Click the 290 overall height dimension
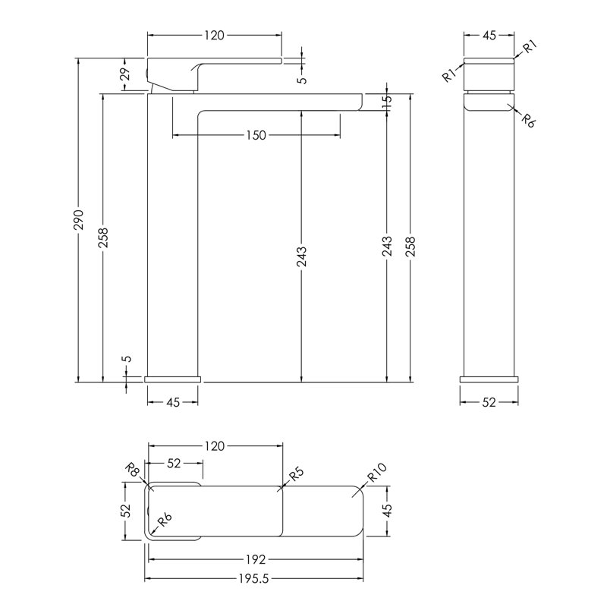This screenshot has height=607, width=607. pyautogui.click(x=79, y=220)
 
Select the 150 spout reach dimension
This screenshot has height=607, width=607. pyautogui.click(x=256, y=136)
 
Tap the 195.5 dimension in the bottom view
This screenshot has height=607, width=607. pyautogui.click(x=254, y=579)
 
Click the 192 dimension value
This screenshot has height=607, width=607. pyautogui.click(x=256, y=559)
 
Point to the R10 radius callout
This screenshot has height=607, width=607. pyautogui.click(x=376, y=473)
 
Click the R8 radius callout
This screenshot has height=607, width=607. pyautogui.click(x=134, y=470)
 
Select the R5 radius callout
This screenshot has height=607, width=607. pyautogui.click(x=296, y=473)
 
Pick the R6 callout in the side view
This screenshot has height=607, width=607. pyautogui.click(x=527, y=121)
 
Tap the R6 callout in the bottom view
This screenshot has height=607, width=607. pyautogui.click(x=164, y=520)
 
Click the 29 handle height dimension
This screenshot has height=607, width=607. pyautogui.click(x=125, y=74)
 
